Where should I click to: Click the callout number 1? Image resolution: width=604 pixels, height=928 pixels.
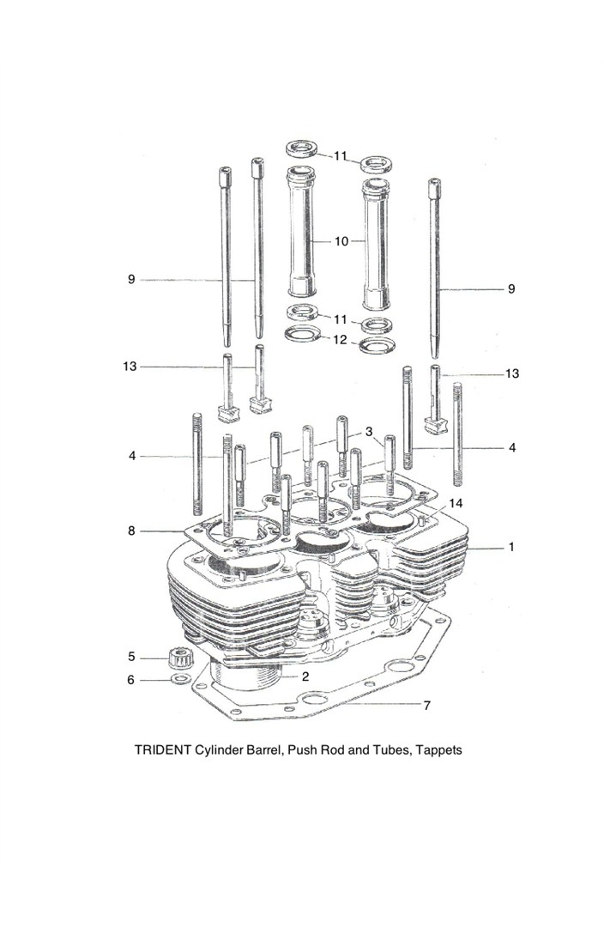511,547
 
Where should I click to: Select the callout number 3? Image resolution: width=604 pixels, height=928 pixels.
368,431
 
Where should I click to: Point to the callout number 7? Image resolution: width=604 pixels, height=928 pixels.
426,706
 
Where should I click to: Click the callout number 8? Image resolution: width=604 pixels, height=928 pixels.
131,531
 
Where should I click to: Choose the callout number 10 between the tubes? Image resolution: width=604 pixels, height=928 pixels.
341,242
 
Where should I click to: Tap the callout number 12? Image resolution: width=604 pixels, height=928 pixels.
340,340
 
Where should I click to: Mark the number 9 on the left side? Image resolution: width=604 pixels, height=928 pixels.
131,279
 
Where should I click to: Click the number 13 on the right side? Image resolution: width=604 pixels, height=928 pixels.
512,373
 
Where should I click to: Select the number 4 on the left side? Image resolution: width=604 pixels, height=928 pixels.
132,456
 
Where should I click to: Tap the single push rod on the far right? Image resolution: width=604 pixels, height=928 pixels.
435,275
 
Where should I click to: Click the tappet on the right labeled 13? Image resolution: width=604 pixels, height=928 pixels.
437,403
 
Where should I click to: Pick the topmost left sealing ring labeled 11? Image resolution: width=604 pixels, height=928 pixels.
303,149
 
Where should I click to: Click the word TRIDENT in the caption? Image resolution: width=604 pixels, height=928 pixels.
164,749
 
